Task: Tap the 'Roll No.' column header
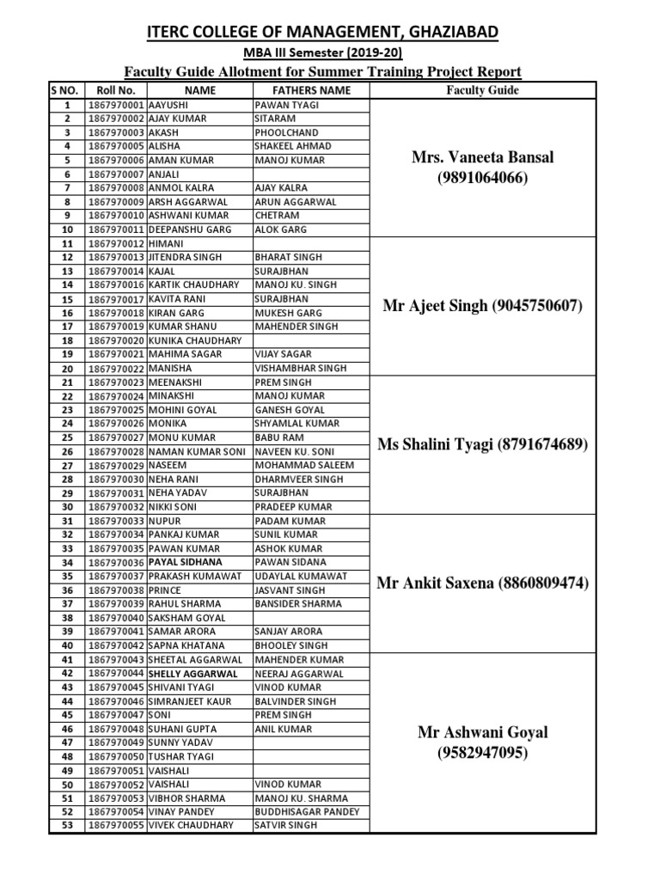click(116, 89)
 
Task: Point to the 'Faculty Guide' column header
click(482, 89)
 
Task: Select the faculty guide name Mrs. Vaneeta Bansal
click(482, 157)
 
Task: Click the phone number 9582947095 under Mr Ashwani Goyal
click(482, 753)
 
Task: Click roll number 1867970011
click(116, 229)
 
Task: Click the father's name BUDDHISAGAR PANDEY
click(307, 811)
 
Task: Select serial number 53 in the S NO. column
click(66, 825)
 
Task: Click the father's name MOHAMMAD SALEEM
click(299, 465)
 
